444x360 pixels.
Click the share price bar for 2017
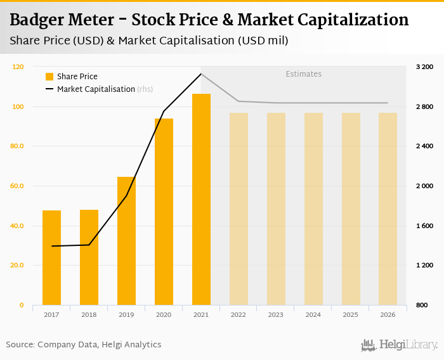pos(51,258)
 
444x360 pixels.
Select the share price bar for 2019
pos(126,241)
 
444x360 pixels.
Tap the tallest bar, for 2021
pos(201,200)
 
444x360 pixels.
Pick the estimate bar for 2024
pos(313,209)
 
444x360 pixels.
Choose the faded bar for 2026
pos(388,209)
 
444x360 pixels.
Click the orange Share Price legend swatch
pos(49,77)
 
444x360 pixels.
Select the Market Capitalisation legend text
pos(96,89)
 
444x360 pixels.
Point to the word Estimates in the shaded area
pos(303,74)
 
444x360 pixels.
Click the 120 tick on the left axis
pos(18,67)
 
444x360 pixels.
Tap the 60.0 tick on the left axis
pos(16,186)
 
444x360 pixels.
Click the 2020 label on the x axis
pos(164,314)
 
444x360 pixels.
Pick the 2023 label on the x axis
pos(276,314)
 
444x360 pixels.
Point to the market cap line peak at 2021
pos(201,74)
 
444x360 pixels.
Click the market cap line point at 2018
pos(89,245)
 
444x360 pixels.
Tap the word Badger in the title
pos(41,20)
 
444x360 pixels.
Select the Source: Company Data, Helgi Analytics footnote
pos(84,345)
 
